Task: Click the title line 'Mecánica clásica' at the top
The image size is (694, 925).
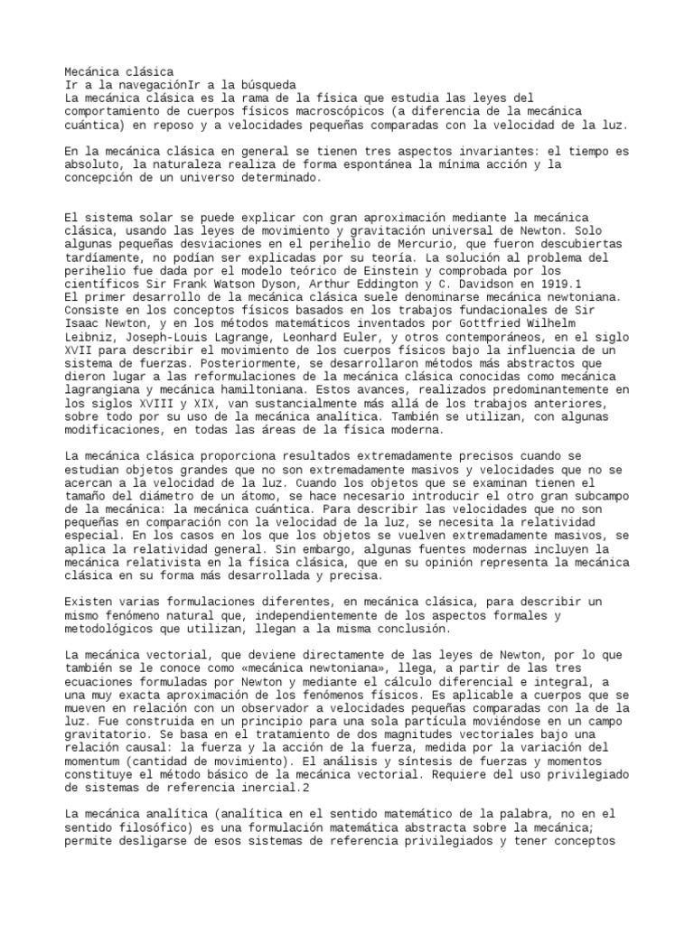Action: click(x=120, y=71)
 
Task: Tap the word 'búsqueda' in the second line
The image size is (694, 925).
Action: click(x=267, y=84)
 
